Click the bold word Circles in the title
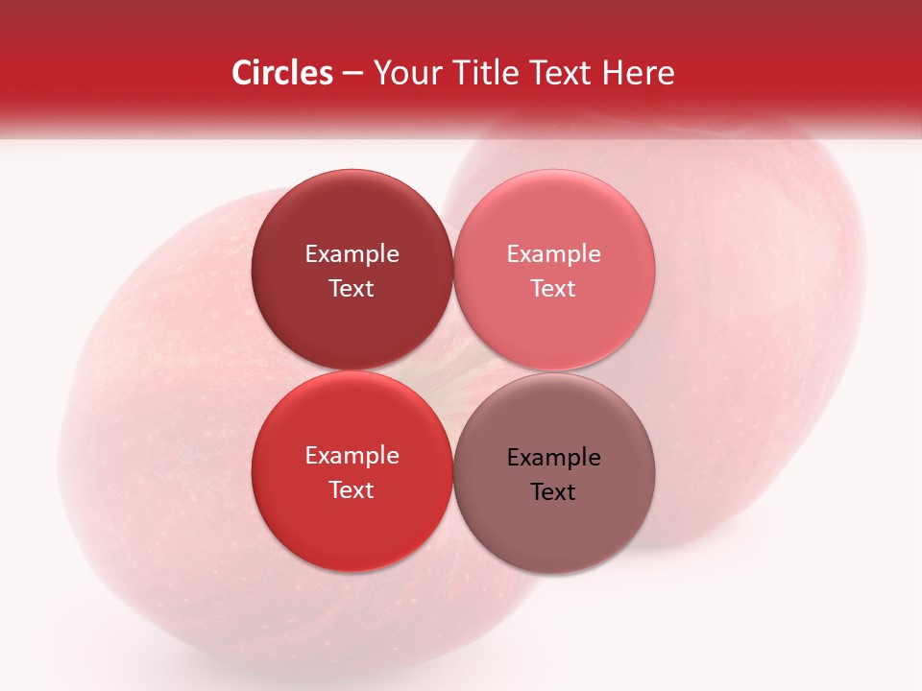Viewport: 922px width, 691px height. click(282, 73)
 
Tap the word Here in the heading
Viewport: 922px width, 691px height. click(638, 73)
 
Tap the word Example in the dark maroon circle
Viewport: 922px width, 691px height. click(352, 254)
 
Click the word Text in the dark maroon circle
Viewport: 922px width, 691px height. click(352, 289)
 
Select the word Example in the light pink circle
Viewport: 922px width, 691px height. click(553, 254)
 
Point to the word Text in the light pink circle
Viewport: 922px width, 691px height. click(553, 289)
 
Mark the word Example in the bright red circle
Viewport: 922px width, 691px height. click(352, 456)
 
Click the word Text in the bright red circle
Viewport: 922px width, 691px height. click(352, 490)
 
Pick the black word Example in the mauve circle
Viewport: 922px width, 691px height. click(553, 458)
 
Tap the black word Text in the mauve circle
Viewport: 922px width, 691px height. click(553, 492)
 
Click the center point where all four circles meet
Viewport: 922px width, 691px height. click(452, 371)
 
